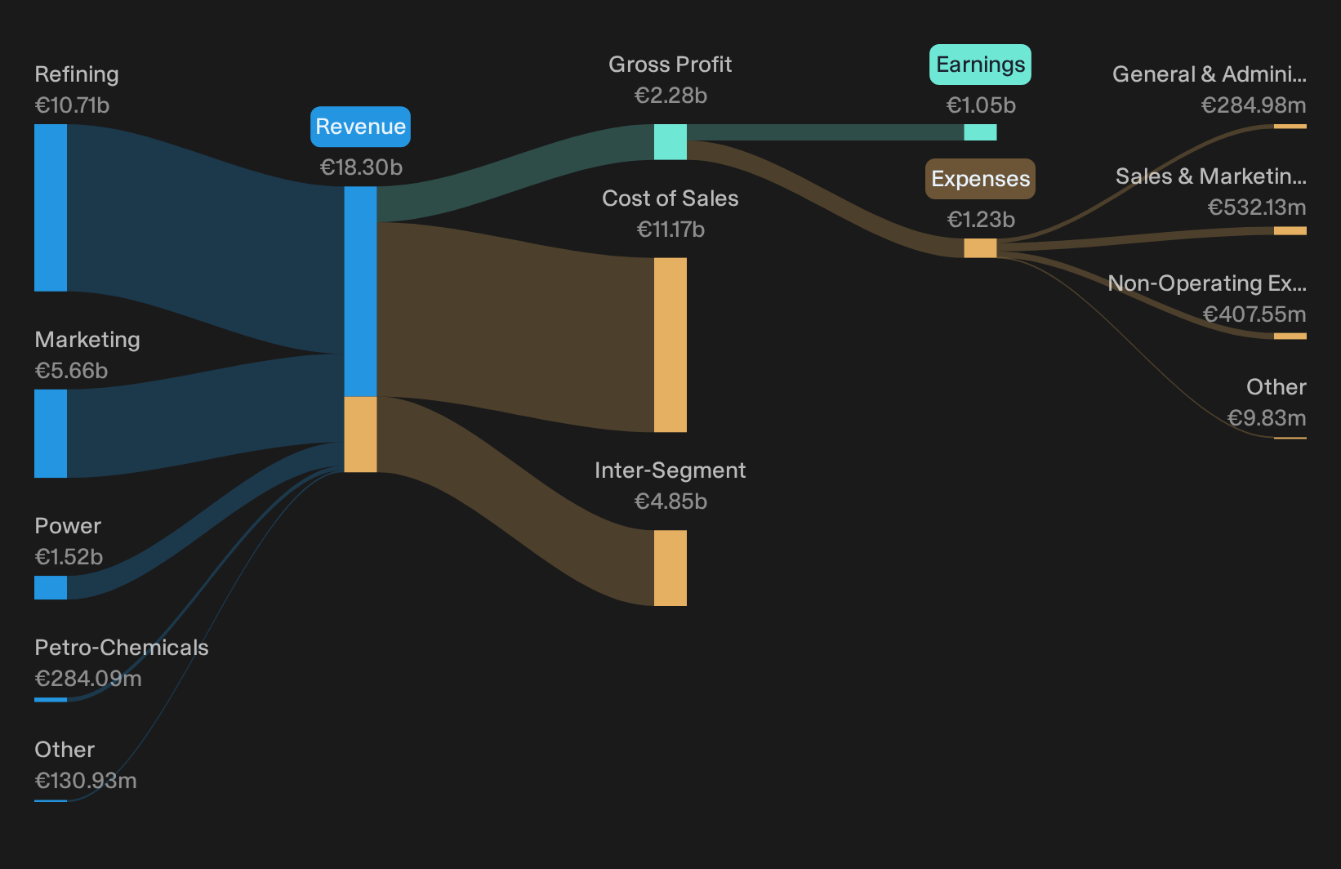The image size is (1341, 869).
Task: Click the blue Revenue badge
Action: click(360, 127)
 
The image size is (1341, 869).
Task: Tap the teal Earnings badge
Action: click(980, 64)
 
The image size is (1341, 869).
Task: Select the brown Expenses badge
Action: click(980, 179)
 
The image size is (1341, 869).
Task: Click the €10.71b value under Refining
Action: click(72, 105)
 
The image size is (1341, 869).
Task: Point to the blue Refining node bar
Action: click(51, 207)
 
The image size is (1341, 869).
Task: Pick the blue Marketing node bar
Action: click(51, 434)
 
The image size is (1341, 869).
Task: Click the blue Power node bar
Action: click(51, 587)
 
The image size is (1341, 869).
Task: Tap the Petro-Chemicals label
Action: click(122, 648)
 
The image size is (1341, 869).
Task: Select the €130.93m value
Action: click(86, 781)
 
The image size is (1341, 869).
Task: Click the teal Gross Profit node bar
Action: click(670, 142)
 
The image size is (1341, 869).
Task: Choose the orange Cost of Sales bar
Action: click(670, 345)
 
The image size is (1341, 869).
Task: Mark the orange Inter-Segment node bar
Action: click(670, 568)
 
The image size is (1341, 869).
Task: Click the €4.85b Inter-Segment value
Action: click(670, 501)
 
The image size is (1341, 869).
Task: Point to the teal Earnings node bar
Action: click(980, 132)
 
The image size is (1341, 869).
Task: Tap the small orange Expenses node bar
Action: click(980, 248)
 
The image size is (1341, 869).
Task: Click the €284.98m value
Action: click(1254, 105)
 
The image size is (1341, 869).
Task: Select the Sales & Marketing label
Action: click(1211, 176)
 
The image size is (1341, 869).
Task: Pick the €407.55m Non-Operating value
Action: click(1254, 314)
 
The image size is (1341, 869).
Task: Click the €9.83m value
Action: click(1267, 418)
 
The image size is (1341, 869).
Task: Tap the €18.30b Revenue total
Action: click(361, 167)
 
